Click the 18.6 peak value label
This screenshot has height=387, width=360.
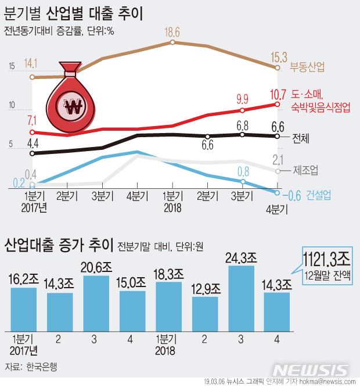172,33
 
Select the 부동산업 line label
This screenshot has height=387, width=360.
308,67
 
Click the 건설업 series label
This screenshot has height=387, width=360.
319,195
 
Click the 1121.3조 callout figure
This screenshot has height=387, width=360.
327,257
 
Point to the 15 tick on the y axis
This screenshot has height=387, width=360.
12,67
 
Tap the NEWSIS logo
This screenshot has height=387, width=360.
311,370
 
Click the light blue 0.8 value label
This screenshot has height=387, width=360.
243,171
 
